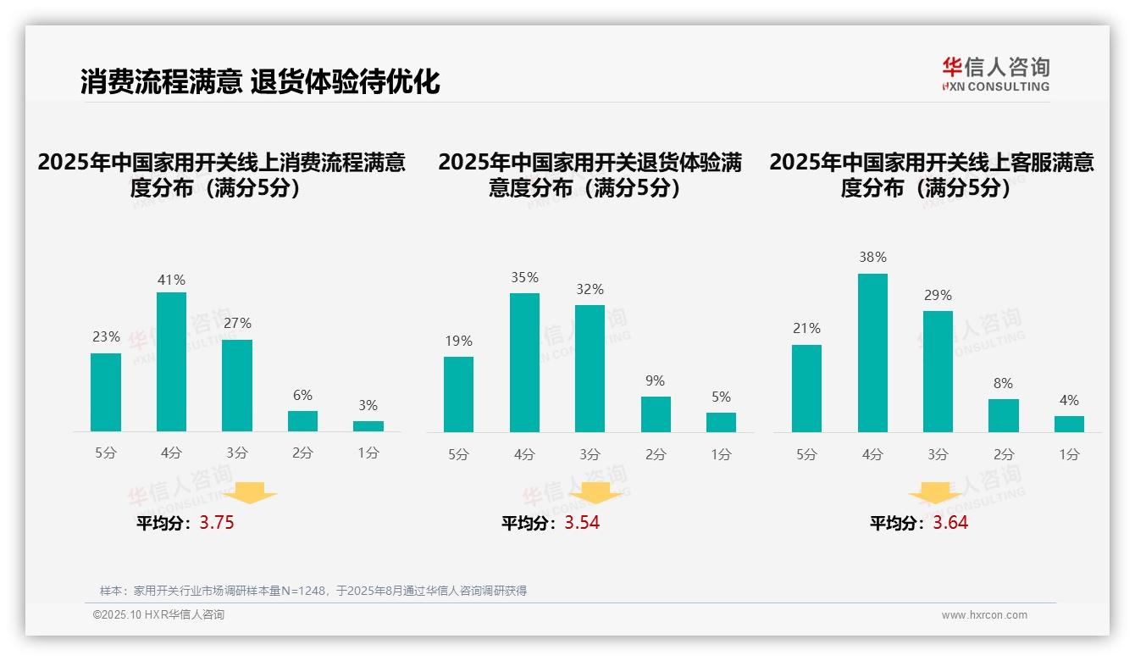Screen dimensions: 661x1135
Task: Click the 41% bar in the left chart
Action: coord(171,362)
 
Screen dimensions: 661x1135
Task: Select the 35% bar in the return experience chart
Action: coord(524,363)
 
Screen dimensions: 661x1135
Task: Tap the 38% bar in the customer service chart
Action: coord(872,353)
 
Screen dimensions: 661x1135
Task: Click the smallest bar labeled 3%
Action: coord(368,426)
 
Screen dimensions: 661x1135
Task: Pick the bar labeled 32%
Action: coord(590,369)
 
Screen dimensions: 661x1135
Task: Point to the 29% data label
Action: coord(938,296)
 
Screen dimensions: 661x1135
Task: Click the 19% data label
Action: coord(458,342)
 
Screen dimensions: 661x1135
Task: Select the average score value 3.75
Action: coord(217,523)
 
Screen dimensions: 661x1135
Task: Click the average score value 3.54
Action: coord(582,523)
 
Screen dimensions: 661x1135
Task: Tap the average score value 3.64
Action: coord(950,523)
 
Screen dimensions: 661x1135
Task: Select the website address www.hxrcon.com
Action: coord(984,615)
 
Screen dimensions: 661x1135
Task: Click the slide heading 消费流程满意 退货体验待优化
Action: coord(260,82)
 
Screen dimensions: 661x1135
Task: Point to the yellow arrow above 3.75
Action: coord(252,492)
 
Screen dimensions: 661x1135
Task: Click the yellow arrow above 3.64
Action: coord(935,492)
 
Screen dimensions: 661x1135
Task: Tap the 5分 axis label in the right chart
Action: coord(806,455)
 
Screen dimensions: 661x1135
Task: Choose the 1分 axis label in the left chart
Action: coord(368,453)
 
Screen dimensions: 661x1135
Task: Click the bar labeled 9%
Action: coord(656,414)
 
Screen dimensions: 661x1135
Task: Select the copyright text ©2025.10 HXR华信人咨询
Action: coord(158,615)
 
